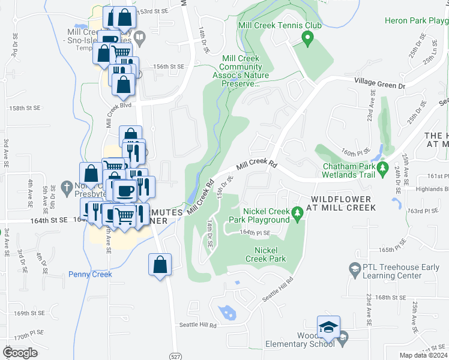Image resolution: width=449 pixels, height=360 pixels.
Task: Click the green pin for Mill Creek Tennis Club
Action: coord(308,40)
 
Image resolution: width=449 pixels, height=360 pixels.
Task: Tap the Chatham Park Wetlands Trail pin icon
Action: coord(381,170)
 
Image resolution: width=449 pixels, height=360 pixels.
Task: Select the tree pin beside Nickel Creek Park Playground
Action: coord(296,214)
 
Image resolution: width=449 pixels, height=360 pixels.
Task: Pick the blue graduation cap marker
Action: coord(328,326)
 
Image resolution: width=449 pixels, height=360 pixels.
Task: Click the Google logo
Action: coord(19,353)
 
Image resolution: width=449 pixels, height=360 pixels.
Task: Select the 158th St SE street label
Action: coord(24,108)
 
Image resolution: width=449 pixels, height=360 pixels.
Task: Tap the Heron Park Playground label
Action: coord(416,21)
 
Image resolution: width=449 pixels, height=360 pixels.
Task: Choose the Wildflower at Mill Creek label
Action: coord(343,203)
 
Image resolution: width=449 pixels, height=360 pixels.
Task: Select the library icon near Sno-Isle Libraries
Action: coord(140,38)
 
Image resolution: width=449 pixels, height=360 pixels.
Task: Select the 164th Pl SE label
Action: coord(256,232)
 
